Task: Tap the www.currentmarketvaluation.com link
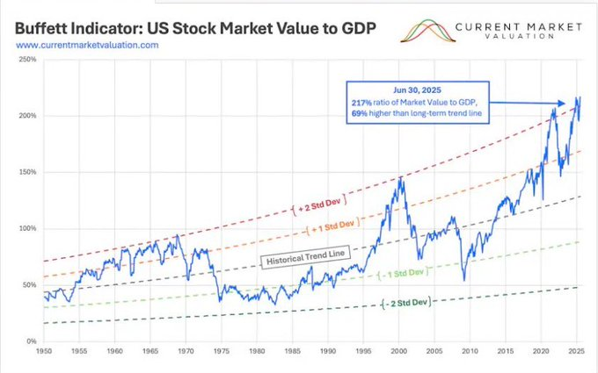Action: click(86, 45)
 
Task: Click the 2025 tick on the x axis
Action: click(578, 350)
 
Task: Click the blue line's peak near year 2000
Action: click(402, 177)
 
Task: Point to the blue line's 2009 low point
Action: click(464, 280)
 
